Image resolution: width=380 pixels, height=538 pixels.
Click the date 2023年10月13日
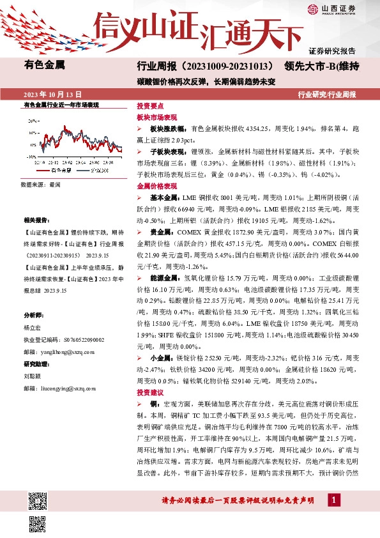[x=53, y=93]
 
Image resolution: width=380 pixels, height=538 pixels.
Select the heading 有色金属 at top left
[x=44, y=64]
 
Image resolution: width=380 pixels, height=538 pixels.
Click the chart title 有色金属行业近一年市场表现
[x=61, y=104]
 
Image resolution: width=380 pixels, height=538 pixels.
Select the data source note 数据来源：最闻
[x=40, y=185]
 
